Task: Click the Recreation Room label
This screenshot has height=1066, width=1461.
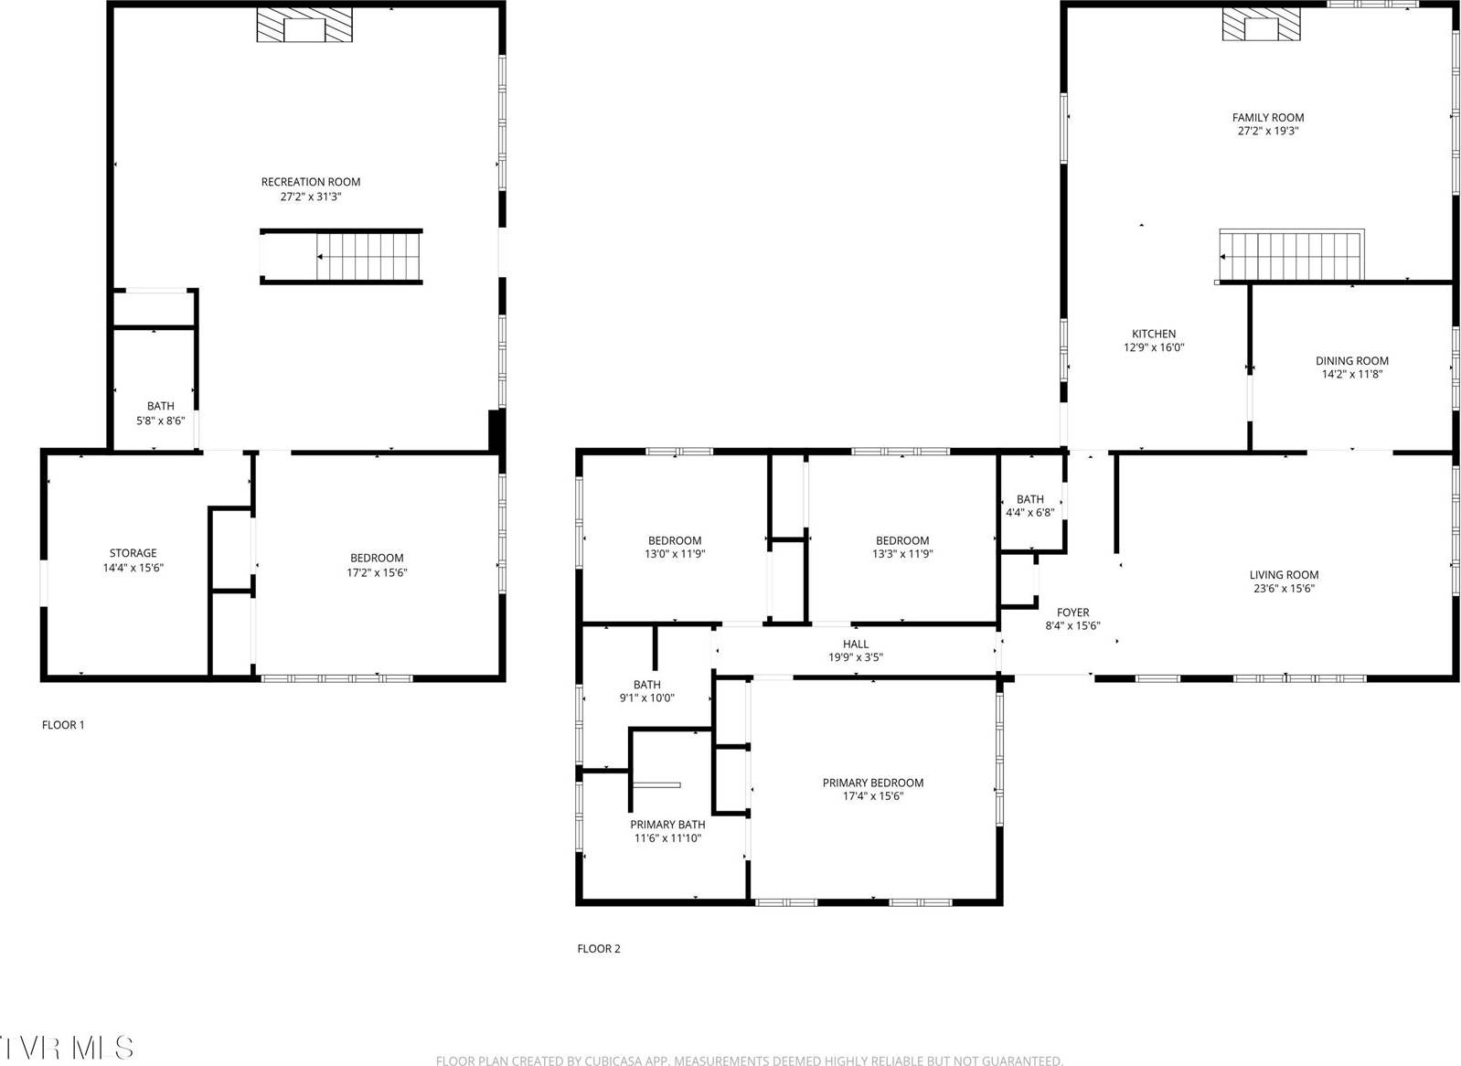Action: click(x=311, y=182)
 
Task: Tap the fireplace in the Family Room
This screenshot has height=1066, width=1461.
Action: click(x=1261, y=26)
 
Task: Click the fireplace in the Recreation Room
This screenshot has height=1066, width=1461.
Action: click(x=304, y=26)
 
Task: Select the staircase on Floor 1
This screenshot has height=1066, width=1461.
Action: click(x=368, y=256)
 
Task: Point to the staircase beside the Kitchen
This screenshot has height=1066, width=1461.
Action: click(x=1292, y=255)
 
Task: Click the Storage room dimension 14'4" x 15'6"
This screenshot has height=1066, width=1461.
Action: click(x=133, y=568)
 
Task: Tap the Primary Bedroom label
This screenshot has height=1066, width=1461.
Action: click(x=873, y=783)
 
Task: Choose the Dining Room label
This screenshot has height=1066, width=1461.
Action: click(x=1351, y=361)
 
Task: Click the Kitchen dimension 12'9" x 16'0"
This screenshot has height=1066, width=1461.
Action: click(x=1154, y=347)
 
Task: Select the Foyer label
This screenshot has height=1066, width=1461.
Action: click(x=1072, y=613)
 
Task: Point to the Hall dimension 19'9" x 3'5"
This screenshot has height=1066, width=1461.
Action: click(x=856, y=657)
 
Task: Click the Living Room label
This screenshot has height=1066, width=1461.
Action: click(x=1284, y=575)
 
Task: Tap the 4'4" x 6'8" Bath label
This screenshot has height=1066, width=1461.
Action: click(x=1029, y=499)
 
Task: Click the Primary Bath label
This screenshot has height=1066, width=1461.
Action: click(x=667, y=825)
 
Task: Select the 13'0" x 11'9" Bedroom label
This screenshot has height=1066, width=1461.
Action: click(x=675, y=541)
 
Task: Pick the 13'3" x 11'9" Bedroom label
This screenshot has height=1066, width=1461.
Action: click(x=902, y=541)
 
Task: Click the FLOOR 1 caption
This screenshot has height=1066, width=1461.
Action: click(x=63, y=725)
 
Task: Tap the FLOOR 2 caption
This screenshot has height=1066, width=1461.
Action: click(x=599, y=949)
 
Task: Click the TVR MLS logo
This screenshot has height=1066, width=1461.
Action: click(x=68, y=1048)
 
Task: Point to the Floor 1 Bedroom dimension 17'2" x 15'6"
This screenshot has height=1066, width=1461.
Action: click(x=376, y=572)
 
